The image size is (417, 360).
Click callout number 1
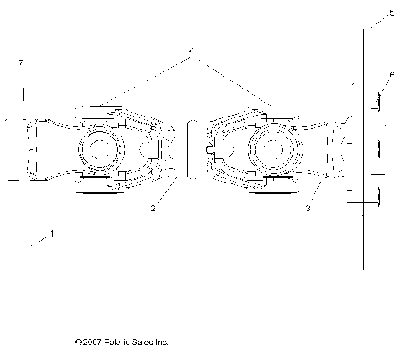(52, 233)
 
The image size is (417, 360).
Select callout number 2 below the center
(153, 208)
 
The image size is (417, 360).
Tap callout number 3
(308, 208)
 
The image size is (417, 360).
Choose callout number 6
(392, 76)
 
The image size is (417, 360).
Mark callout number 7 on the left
(20, 63)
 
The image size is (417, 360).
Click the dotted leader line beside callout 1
(39, 242)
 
